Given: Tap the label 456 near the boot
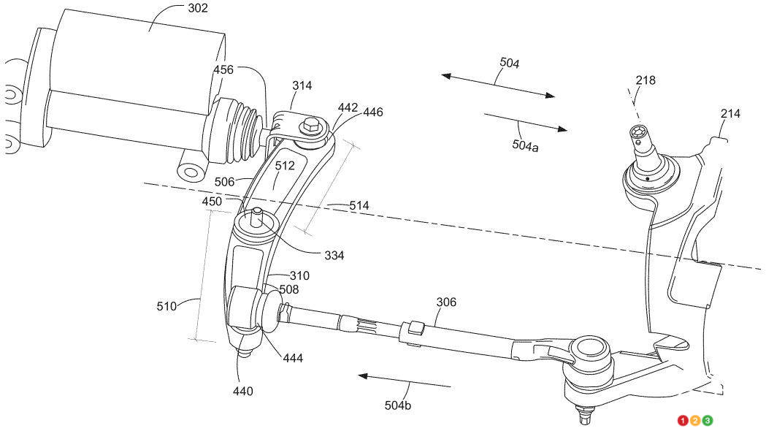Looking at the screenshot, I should (x=223, y=69).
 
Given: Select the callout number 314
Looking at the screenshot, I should (x=302, y=85).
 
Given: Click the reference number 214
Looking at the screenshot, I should (x=730, y=113).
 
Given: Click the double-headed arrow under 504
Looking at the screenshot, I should (x=497, y=85).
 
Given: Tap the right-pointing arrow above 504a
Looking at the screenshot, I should (x=525, y=121).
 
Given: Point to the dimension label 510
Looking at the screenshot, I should (x=166, y=306).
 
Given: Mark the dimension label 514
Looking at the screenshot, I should (x=359, y=206).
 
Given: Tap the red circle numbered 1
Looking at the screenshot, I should (x=683, y=421).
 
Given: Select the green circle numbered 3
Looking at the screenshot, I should (x=708, y=421).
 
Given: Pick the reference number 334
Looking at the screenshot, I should (x=334, y=256).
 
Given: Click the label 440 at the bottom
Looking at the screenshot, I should (x=242, y=392).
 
